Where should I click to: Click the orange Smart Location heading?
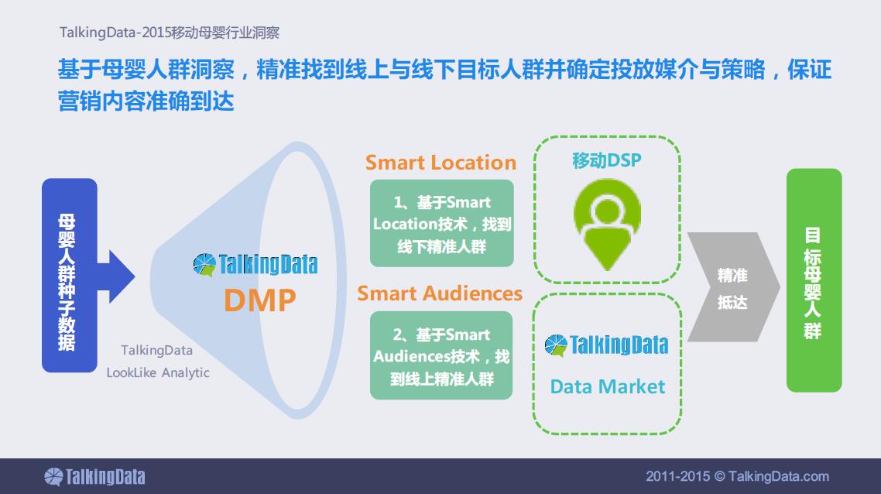440,163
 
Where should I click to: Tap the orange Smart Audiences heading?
440,293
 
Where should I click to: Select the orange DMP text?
259,300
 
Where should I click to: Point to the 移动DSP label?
607,161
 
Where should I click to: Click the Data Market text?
608,386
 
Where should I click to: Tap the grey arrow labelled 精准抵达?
733,286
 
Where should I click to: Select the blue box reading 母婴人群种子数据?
70,276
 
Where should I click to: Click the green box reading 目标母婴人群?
814,280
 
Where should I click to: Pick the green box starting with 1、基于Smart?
441,223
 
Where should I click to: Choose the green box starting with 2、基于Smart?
441,355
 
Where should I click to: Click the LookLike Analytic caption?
158,372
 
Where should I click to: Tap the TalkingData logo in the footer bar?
94,476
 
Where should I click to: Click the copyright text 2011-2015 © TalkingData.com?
737,476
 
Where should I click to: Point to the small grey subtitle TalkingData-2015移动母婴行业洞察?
170,33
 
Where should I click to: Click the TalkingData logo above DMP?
255,265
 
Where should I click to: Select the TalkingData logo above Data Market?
606,345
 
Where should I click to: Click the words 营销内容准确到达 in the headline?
146,101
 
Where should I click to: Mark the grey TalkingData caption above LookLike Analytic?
156,350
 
